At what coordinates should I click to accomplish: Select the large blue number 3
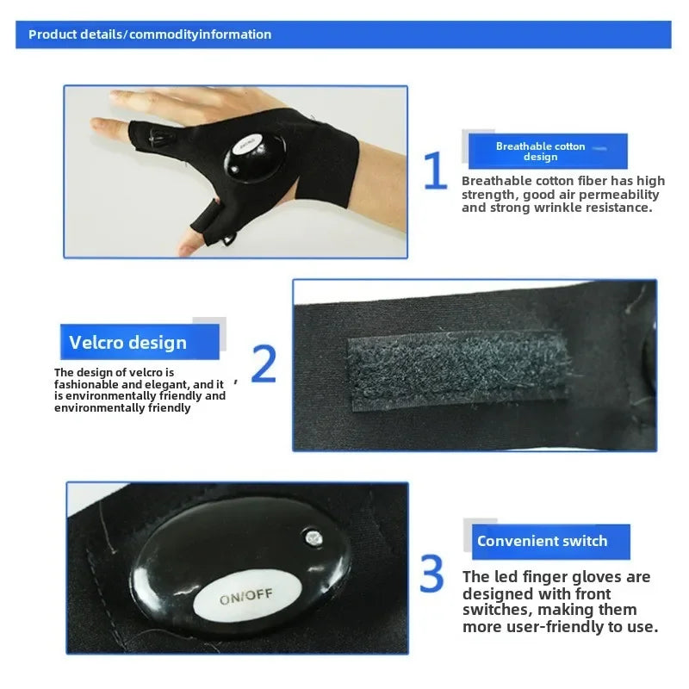coord(431,574)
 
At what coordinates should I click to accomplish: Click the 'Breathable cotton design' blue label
coord(540,152)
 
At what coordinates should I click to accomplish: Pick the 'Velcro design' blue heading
coord(128,343)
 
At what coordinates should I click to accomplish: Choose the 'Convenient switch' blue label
coord(543,542)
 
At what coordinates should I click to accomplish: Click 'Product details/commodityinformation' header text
coord(150,34)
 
